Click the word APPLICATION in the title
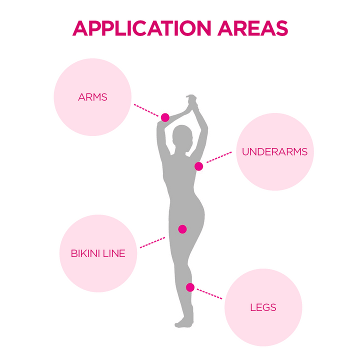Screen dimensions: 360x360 coord(141,28)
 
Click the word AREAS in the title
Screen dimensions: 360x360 coord(253,28)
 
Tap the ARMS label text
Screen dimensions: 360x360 coord(92,97)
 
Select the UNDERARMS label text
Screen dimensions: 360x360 coord(275,152)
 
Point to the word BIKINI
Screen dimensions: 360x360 coord(85,253)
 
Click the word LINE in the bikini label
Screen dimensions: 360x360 coord(114,253)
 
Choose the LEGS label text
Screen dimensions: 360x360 coord(263,307)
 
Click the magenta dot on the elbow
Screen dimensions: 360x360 coord(165,117)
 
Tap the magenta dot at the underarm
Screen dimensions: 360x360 coord(199,166)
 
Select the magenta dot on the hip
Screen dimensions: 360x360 coord(182,229)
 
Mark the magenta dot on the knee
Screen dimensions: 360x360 coord(190,287)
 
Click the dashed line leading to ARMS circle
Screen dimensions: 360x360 coord(146,110)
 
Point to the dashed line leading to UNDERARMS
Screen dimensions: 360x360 coord(219,157)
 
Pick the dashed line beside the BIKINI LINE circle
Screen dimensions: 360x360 coord(152,242)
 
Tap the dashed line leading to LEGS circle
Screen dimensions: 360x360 coord(209,294)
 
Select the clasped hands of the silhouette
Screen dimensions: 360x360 coord(192,101)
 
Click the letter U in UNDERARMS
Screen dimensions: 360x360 coord(245,152)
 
